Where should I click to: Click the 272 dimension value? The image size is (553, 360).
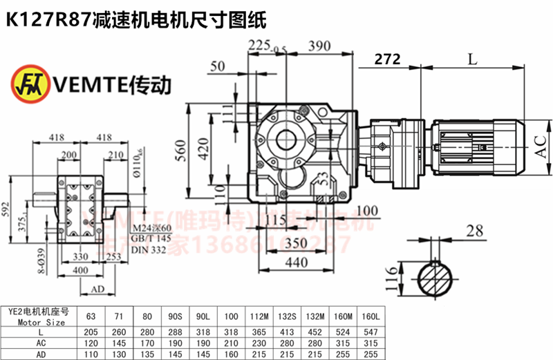pos(387,60)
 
